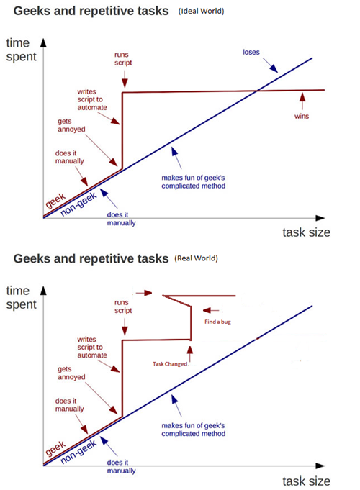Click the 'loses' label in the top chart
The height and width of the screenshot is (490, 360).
[x=251, y=53]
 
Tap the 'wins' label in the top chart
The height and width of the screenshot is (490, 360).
[x=302, y=117]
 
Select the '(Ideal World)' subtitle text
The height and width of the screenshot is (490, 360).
[x=201, y=12]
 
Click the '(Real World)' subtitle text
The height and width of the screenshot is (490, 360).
[x=196, y=258]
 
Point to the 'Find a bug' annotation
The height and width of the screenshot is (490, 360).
[x=217, y=322]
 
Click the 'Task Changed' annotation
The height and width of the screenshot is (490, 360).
[x=170, y=364]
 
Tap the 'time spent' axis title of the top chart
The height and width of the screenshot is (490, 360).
[x=21, y=50]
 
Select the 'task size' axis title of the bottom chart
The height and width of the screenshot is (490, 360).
[x=306, y=481]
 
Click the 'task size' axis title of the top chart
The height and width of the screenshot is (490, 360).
[x=306, y=232]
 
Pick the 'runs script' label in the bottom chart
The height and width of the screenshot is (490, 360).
[x=123, y=307]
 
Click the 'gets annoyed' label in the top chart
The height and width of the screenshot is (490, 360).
[x=71, y=125]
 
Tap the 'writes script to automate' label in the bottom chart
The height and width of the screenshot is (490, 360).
[x=92, y=348]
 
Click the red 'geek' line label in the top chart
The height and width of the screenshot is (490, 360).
[x=55, y=200]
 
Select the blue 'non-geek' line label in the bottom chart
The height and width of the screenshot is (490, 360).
[x=78, y=452]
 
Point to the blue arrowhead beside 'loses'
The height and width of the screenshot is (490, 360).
[x=274, y=68]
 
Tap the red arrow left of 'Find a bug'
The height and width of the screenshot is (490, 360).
[x=211, y=310]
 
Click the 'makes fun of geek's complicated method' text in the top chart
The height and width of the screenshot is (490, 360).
[x=193, y=182]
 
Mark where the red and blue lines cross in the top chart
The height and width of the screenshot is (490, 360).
[x=257, y=91]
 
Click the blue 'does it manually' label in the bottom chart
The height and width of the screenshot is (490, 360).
[x=122, y=466]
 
